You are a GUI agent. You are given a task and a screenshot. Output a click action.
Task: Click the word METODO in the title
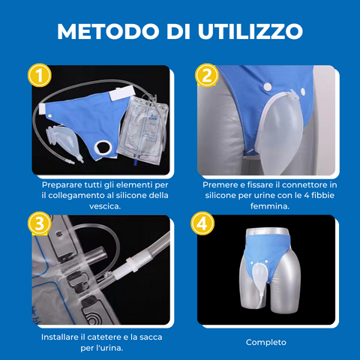(108, 31)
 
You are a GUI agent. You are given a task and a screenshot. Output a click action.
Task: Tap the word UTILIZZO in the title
(250, 31)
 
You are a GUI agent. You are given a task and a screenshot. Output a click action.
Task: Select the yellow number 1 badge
(40, 76)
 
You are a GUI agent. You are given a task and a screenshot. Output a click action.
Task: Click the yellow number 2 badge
(207, 76)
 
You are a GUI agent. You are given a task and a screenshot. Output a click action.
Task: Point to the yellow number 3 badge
(40, 223)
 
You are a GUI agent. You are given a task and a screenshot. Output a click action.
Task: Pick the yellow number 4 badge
(202, 223)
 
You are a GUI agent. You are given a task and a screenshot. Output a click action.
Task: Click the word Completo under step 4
(266, 342)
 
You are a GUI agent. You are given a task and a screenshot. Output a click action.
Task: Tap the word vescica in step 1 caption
(104, 206)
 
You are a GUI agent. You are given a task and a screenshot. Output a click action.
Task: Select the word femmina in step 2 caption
(269, 206)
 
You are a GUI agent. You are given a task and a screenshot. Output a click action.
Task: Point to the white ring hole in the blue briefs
(103, 148)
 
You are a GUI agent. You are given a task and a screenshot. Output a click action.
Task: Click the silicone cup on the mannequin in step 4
(259, 276)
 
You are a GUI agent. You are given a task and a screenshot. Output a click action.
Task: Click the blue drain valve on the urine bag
(136, 162)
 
